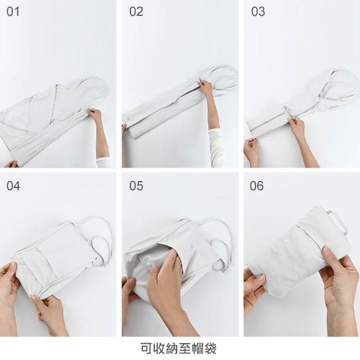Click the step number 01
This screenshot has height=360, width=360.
pyautogui.click(x=13, y=11)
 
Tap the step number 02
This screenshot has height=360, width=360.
pyautogui.click(x=136, y=11)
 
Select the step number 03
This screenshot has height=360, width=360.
pyautogui.click(x=258, y=11)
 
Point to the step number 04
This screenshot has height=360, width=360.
pyautogui.click(x=13, y=186)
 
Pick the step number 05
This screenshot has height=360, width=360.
pyautogui.click(x=136, y=186)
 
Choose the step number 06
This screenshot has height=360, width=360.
pyautogui.click(x=256, y=186)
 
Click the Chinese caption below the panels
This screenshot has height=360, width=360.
pyautogui.click(x=178, y=348)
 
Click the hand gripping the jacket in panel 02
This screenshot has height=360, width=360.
pyautogui.click(x=206, y=87)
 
